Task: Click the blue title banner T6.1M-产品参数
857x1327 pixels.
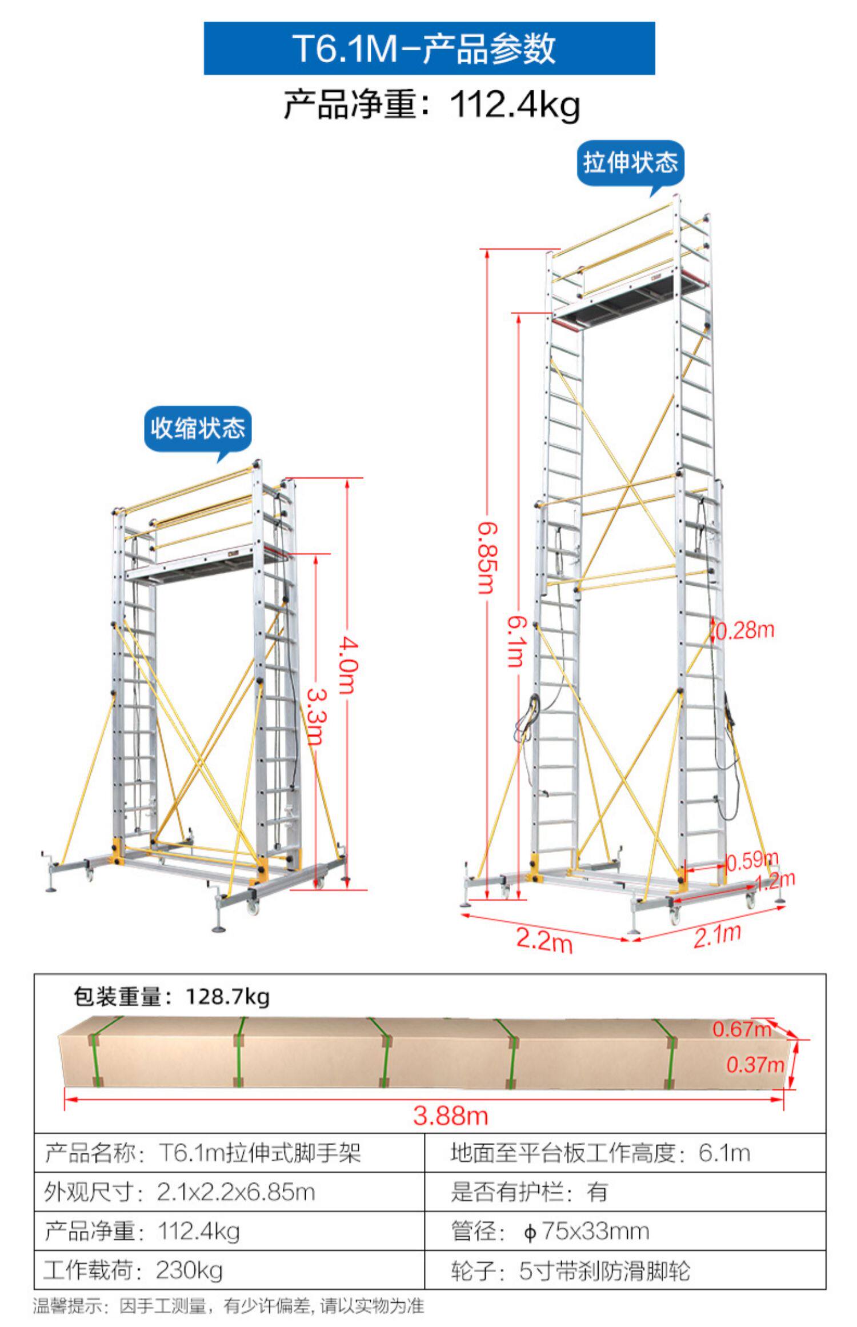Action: (x=429, y=49)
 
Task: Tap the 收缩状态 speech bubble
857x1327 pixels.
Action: (x=198, y=429)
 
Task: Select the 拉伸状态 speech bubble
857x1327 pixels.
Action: (x=630, y=162)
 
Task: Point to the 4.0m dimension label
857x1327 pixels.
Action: (x=347, y=665)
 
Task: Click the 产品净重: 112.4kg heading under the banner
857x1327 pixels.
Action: (x=432, y=105)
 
